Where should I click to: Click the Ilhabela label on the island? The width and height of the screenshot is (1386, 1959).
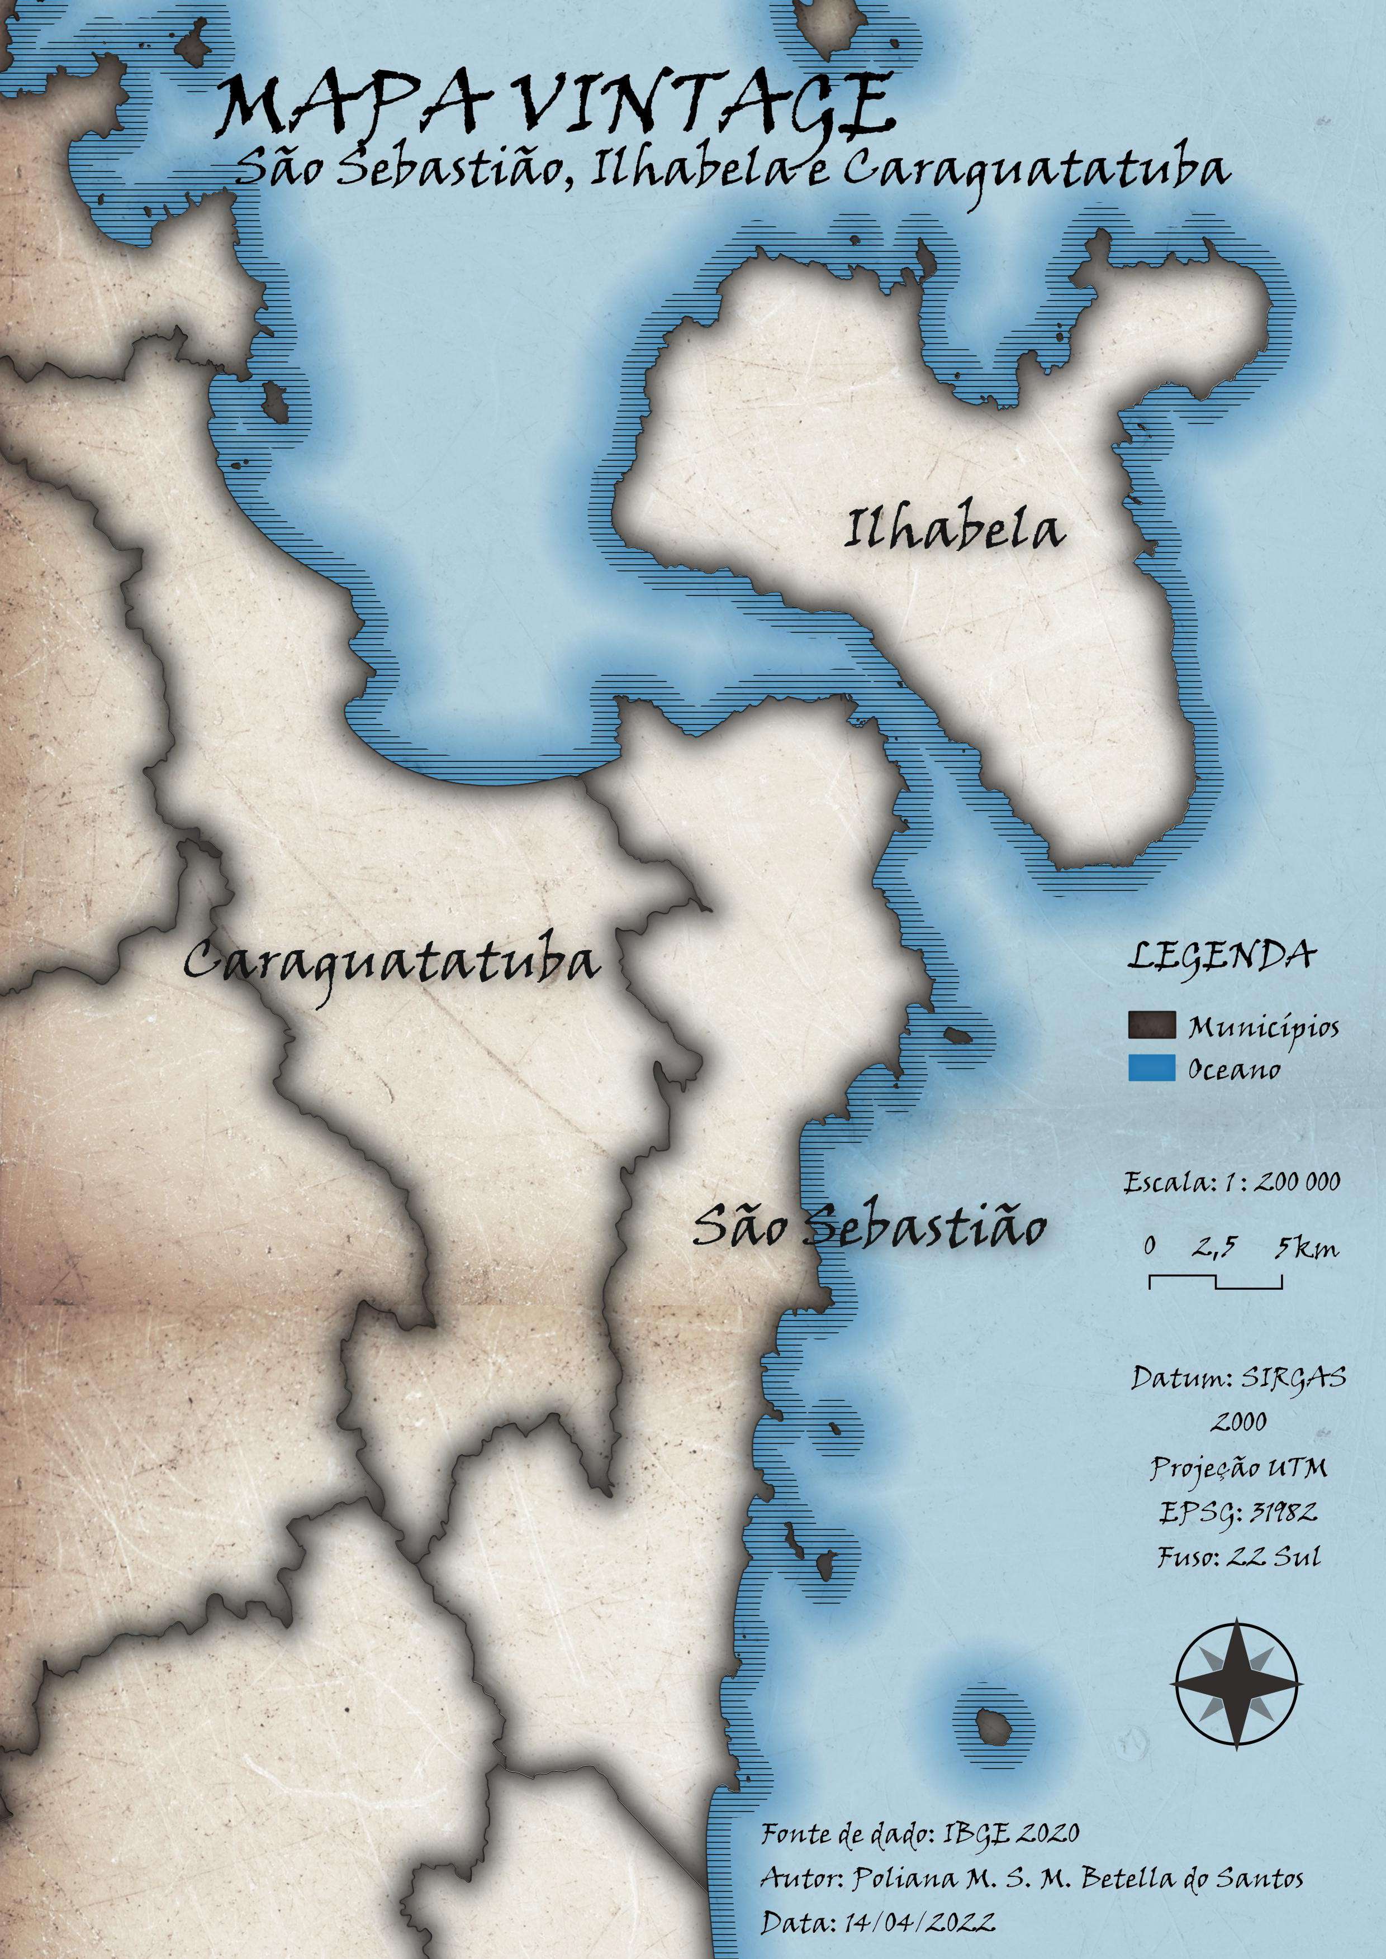[x=954, y=529]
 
